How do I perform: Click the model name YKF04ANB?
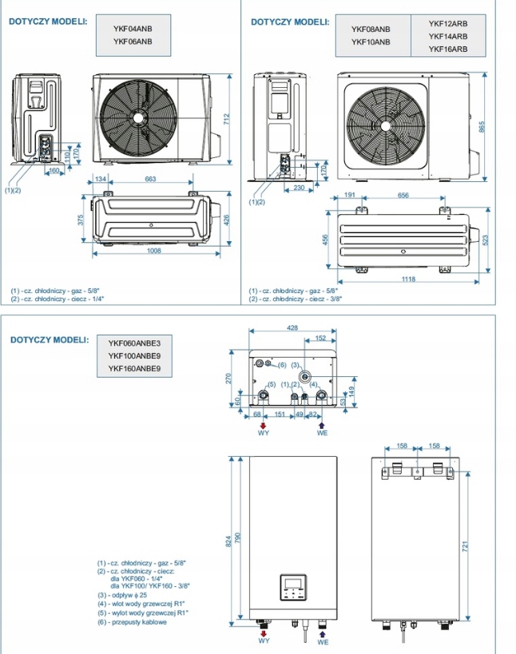pos(133,29)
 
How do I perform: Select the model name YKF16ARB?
pos(448,49)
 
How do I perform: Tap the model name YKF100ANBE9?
pos(134,356)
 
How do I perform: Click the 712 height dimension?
pos(226,119)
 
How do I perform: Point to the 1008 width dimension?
pos(154,251)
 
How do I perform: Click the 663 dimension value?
pos(150,179)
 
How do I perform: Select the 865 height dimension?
pos(482,127)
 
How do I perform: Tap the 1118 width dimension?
pos(408,279)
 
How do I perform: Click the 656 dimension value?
pos(403,195)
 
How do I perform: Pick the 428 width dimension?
pos(292,328)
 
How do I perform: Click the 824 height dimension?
pos(228,541)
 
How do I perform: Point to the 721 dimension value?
pos(465,546)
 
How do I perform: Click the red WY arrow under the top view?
pos(263,426)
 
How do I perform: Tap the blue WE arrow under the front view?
pos(322,633)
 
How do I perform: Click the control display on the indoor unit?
pos(293,587)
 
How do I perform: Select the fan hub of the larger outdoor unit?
pos(386,126)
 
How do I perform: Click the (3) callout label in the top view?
pos(295,365)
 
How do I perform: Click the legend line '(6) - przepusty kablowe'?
pos(132,622)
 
